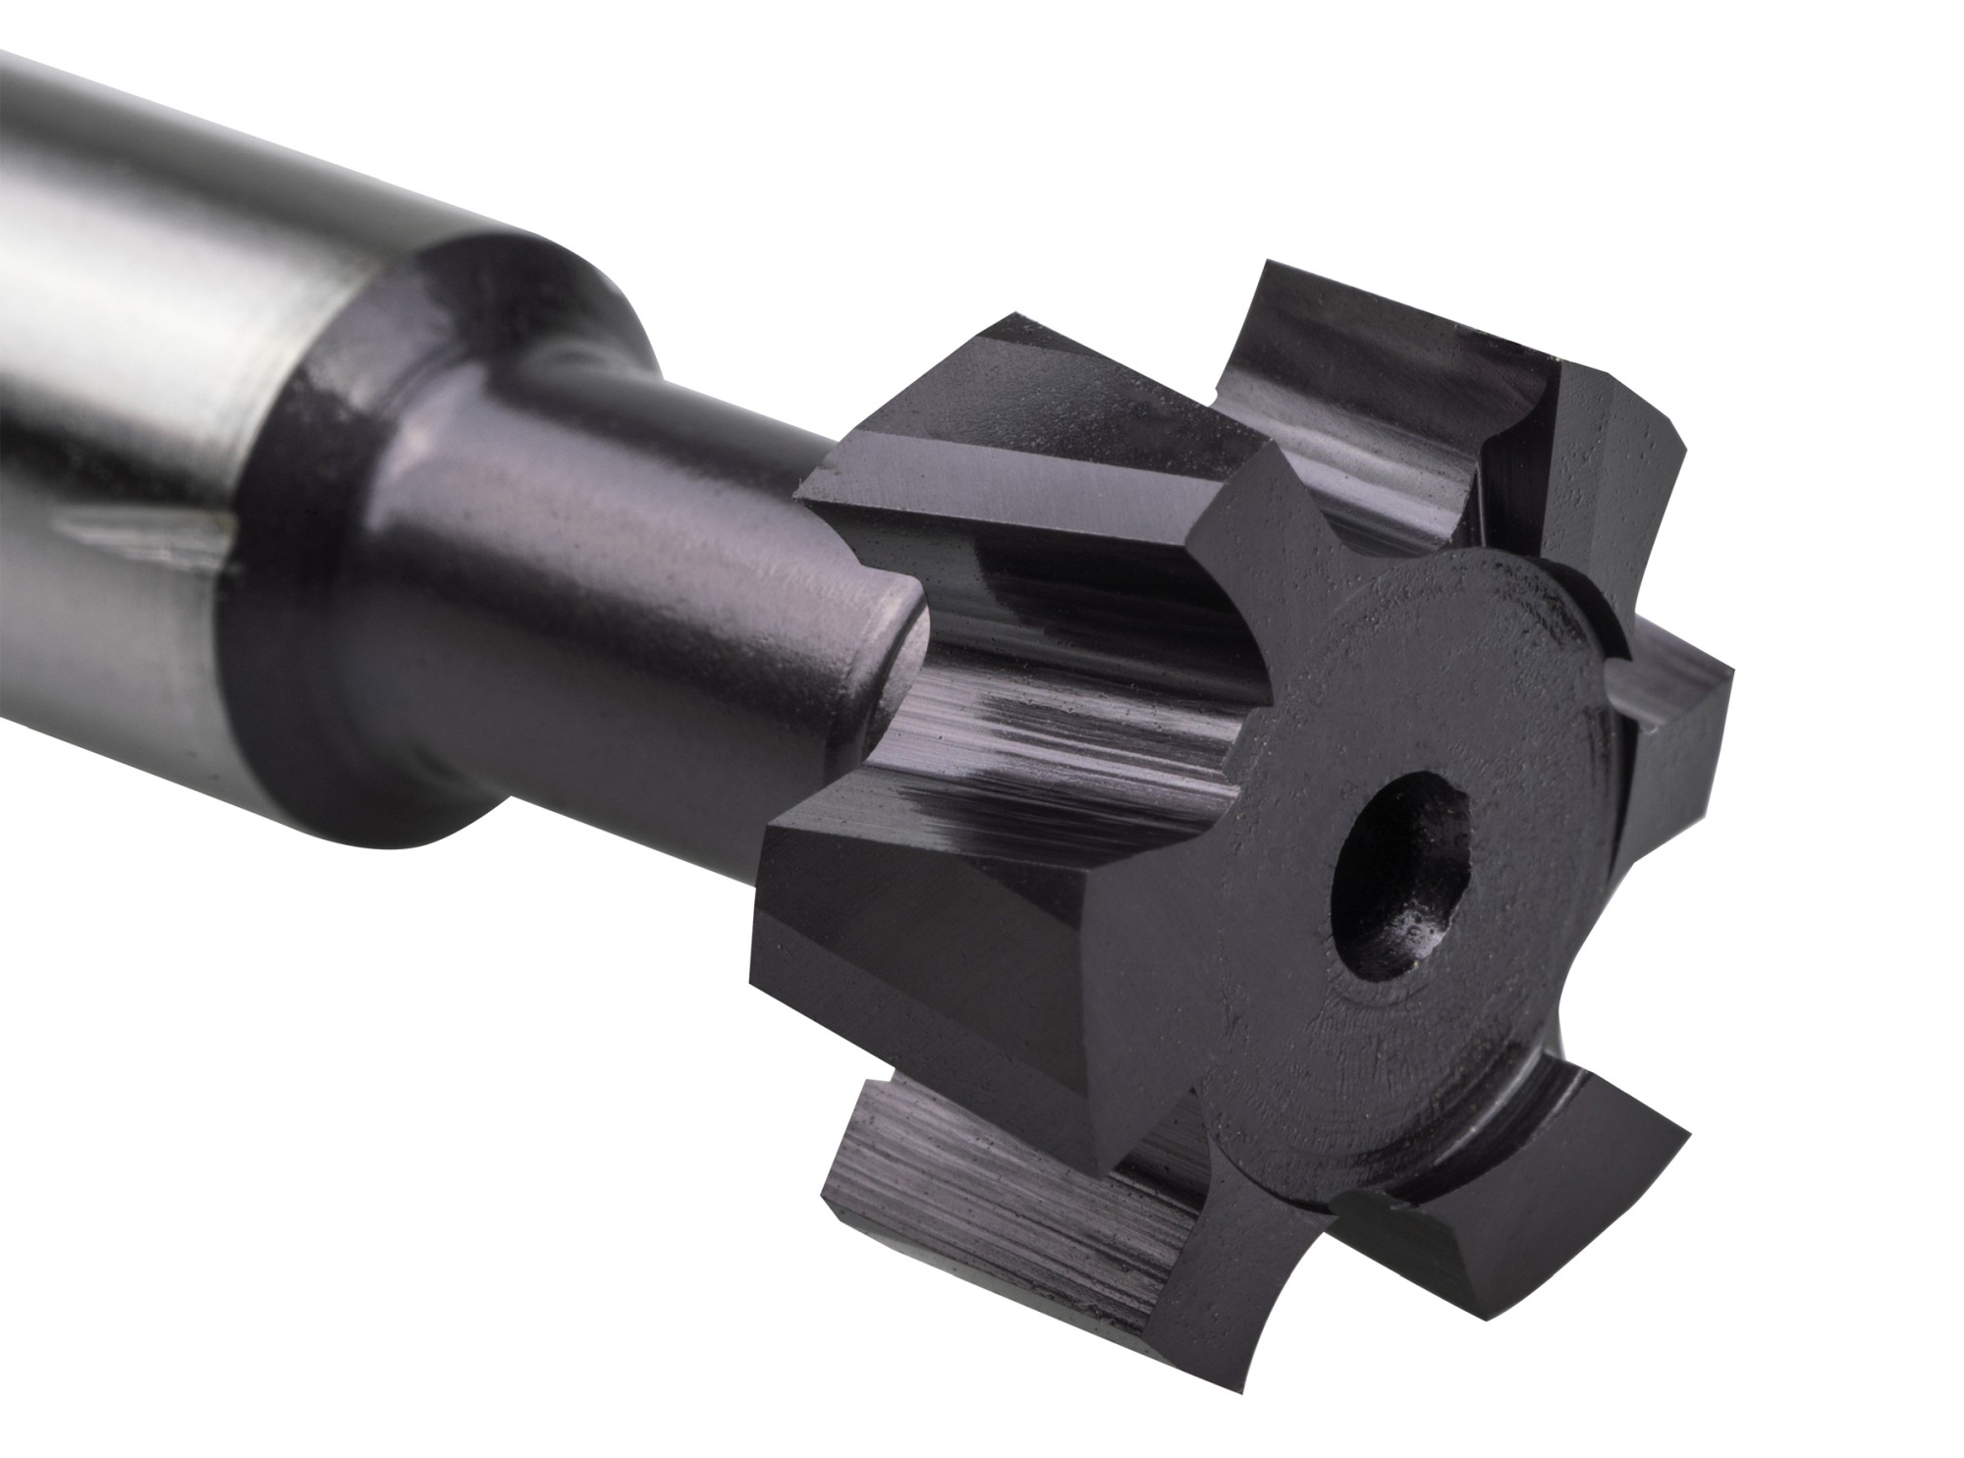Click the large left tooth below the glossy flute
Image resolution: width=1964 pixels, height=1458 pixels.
point(933,913)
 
